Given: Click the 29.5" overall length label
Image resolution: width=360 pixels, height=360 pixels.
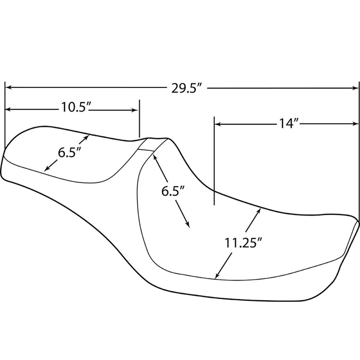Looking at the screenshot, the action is (x=187, y=88).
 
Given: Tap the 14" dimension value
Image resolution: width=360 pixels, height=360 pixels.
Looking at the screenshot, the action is (x=289, y=124).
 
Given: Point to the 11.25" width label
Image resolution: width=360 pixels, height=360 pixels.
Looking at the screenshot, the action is (x=243, y=243).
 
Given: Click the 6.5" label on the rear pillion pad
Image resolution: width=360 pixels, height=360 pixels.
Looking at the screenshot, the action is (x=69, y=153).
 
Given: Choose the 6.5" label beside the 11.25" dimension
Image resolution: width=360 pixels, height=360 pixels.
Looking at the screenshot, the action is (x=173, y=191).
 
